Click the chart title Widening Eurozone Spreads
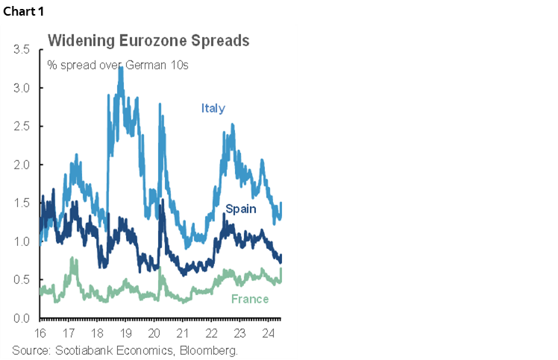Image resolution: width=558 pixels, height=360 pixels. click(148, 41)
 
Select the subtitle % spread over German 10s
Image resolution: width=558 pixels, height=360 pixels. click(118, 65)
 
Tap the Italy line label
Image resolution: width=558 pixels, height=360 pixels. click(213, 108)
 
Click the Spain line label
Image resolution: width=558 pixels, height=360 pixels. click(240, 209)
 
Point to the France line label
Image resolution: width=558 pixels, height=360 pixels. click(249, 299)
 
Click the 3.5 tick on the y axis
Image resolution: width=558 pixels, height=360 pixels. click(22, 50)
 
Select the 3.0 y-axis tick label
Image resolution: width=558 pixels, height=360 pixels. click(22, 88)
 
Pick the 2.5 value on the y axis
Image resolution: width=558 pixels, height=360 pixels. click(22, 127)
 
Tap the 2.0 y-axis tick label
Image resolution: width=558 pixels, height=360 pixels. click(22, 165)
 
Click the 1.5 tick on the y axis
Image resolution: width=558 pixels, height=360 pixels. click(22, 203)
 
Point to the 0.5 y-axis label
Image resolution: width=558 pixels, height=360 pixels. click(22, 280)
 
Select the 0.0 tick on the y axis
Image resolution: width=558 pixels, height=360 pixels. click(22, 319)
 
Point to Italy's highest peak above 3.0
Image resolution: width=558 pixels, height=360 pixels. click(121, 68)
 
